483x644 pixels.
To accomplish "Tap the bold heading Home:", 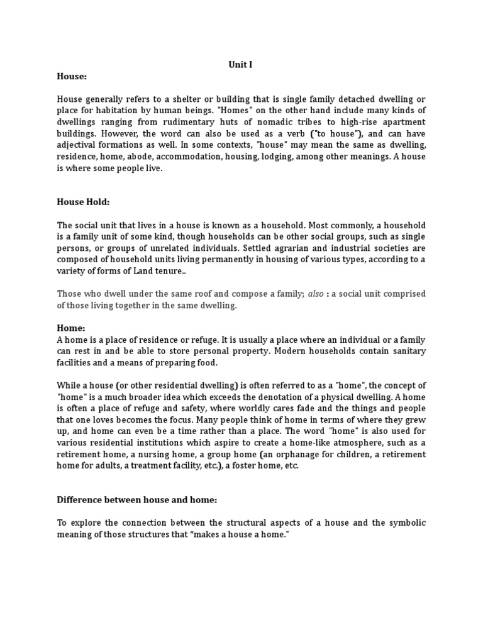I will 71,328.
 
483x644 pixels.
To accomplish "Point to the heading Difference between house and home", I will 137,499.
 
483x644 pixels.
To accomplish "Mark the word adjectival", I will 81,145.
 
